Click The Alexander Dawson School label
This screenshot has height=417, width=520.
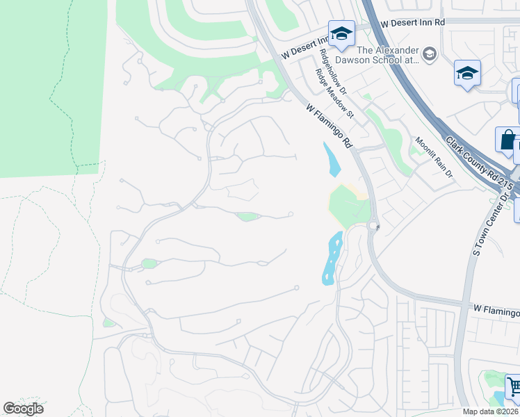click(388, 55)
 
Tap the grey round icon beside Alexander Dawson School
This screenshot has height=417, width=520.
click(430, 54)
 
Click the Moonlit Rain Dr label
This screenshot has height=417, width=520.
click(434, 158)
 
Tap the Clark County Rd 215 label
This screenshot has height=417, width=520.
click(480, 167)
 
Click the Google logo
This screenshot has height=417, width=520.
click(24, 409)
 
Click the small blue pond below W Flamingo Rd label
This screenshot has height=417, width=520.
click(332, 158)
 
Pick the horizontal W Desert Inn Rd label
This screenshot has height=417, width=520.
click(413, 22)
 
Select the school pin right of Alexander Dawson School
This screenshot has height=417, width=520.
click(468, 72)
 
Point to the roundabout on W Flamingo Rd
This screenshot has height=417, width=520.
click(373, 225)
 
